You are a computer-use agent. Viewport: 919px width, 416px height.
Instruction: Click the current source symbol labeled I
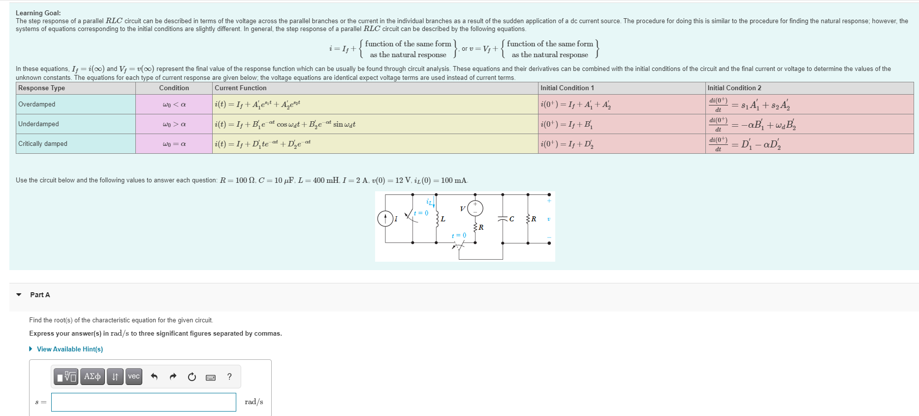pyautogui.click(x=385, y=218)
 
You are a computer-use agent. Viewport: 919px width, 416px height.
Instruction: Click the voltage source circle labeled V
pyautogui.click(x=475, y=208)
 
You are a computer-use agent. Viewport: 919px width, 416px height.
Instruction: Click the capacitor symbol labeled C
pyautogui.click(x=503, y=218)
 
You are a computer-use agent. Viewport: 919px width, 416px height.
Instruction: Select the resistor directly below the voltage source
pyautogui.click(x=475, y=227)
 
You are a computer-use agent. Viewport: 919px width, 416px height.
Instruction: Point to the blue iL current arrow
pyautogui.click(x=433, y=203)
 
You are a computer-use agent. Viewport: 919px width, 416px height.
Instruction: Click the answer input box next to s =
pyautogui.click(x=143, y=402)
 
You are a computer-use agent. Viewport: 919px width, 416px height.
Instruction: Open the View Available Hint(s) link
pyautogui.click(x=69, y=349)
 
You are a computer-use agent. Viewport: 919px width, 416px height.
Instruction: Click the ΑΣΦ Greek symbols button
pyautogui.click(x=93, y=377)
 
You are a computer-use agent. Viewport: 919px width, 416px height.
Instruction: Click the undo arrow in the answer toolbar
pyautogui.click(x=154, y=377)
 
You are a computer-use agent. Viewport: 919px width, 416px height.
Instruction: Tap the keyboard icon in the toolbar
pyautogui.click(x=211, y=377)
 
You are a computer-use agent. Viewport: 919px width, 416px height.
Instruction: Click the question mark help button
pyautogui.click(x=229, y=377)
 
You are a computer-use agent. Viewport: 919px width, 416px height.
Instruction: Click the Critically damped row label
pyautogui.click(x=43, y=144)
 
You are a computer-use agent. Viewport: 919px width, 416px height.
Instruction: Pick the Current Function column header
pyautogui.click(x=241, y=88)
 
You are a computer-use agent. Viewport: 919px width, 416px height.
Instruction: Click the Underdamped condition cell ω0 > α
pyautogui.click(x=174, y=124)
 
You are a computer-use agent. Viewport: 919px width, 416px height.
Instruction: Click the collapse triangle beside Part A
pyautogui.click(x=19, y=295)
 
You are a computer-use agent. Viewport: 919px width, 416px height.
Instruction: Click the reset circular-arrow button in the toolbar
pyautogui.click(x=192, y=377)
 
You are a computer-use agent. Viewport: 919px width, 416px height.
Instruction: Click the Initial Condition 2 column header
pyautogui.click(x=734, y=88)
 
